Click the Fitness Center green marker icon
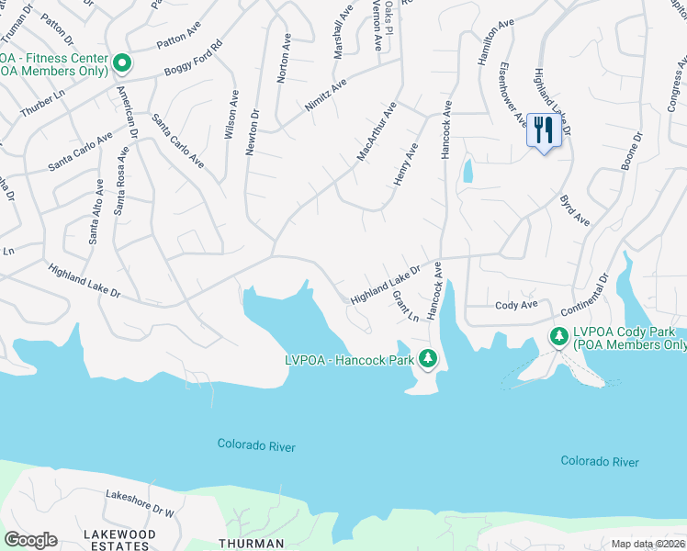tap(123, 62)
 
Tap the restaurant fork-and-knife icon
tap(543, 130)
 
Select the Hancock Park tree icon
tap(426, 358)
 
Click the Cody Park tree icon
tap(558, 337)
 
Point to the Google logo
tap(30, 540)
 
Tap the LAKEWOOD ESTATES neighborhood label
tap(119, 539)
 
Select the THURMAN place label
tap(251, 544)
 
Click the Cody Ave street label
tap(516, 305)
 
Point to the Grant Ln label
tap(405, 306)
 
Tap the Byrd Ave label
tap(575, 210)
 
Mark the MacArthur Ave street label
tap(376, 132)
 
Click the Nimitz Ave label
tap(326, 96)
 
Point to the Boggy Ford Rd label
tap(193, 57)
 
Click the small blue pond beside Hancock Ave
tap(468, 170)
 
